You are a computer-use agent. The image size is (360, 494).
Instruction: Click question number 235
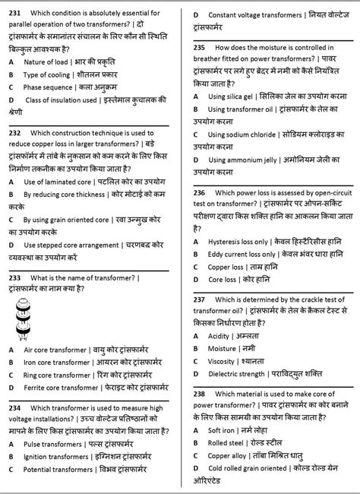point(201,47)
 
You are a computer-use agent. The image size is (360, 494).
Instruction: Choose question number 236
point(201,195)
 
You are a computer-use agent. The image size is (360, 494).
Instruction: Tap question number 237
point(201,300)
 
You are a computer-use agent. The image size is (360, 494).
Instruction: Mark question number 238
point(201,394)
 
